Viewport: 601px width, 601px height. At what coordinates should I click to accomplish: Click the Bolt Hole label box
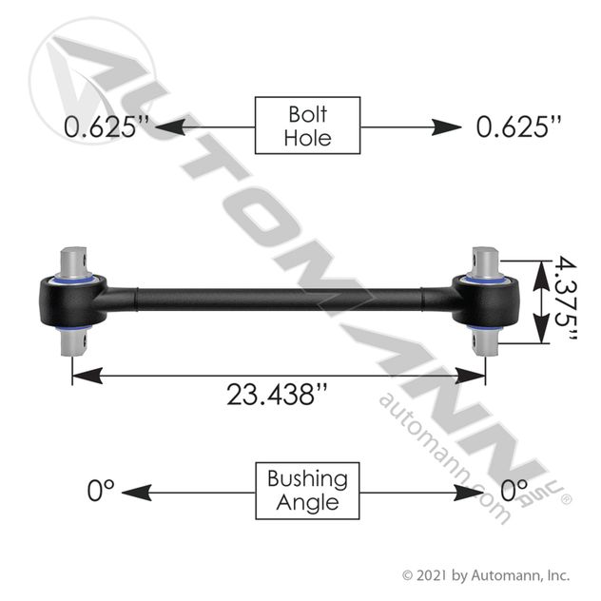coord(307,126)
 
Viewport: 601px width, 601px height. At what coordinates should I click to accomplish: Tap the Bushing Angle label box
coord(307,491)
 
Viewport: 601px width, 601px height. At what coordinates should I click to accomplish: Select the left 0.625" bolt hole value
coord(107,126)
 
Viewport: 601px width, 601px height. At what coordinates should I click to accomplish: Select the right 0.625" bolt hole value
coord(518,126)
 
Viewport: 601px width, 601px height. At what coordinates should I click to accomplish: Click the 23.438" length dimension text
coord(277,394)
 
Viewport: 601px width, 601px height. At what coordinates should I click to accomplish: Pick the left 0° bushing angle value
coord(101,491)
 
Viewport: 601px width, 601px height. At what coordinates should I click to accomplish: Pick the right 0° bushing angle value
coord(514,491)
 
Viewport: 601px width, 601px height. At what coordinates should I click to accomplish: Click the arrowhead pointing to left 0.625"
coord(170,126)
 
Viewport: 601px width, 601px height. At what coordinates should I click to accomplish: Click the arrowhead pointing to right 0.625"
coord(447,126)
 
